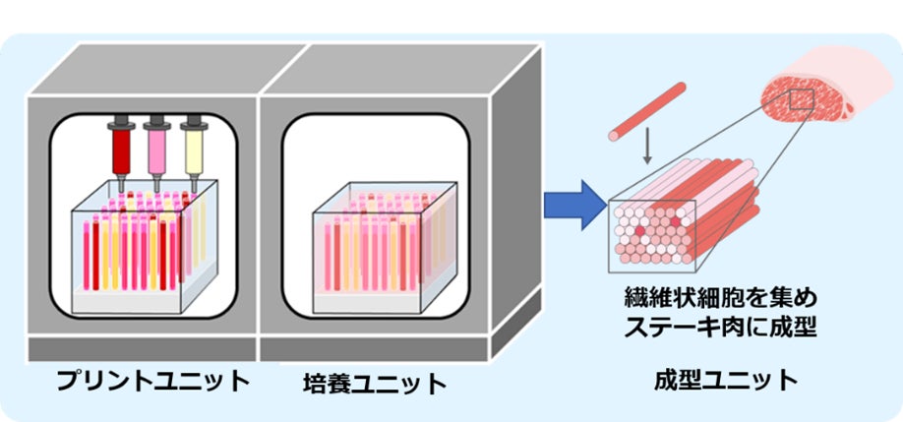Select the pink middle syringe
pos(156,148)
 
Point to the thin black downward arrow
pos(647,149)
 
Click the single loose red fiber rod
pos(645,110)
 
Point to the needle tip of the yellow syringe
pos(193,190)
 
